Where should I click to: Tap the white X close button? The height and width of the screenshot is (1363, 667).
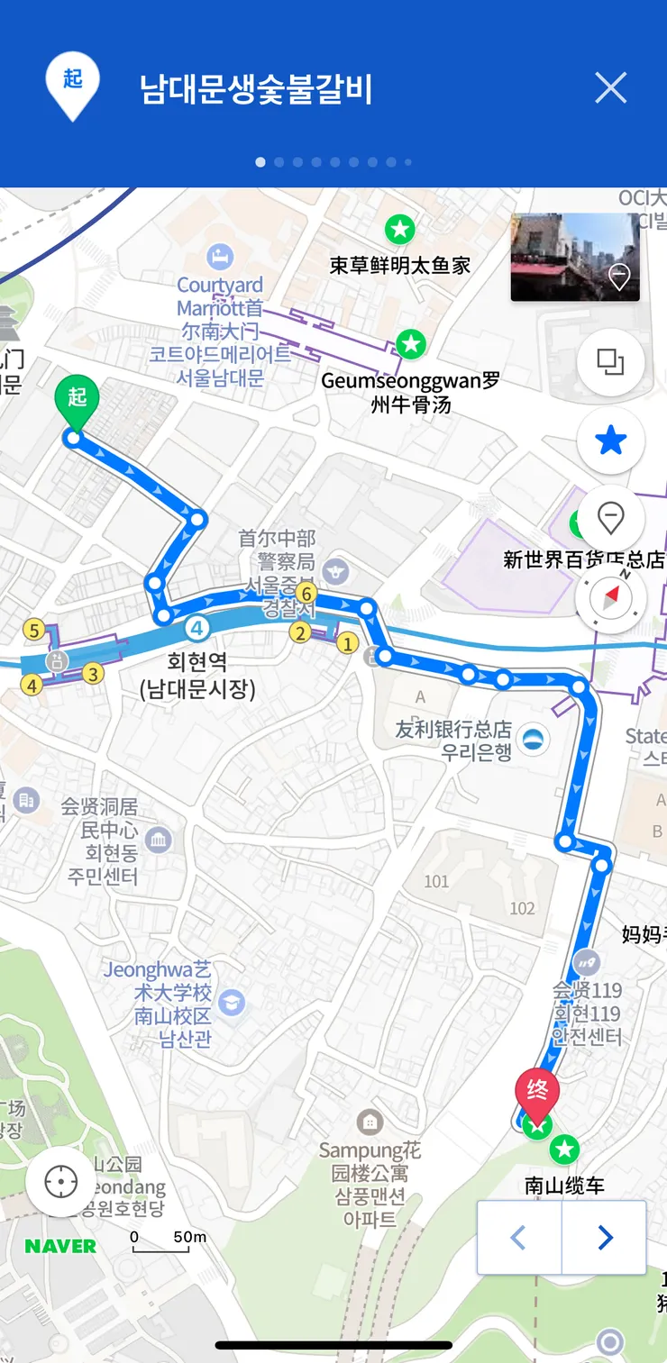tap(610, 88)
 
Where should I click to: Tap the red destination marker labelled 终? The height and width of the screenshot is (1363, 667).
tap(537, 1091)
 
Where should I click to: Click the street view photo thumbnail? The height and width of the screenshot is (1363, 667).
tap(575, 257)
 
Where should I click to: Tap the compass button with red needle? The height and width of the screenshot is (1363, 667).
tap(611, 596)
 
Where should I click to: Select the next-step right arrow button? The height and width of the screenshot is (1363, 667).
tap(605, 1238)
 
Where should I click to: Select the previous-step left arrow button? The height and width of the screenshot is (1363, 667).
tap(519, 1238)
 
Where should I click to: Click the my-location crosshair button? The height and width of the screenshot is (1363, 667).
tap(61, 1182)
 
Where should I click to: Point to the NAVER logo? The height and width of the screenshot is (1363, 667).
tap(60, 1247)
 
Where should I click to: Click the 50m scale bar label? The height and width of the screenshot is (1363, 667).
tap(189, 1237)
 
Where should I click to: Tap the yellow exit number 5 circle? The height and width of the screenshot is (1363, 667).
tap(34, 630)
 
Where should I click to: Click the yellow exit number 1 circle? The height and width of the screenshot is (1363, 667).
tap(346, 643)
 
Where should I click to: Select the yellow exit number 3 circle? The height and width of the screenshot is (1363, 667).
tap(93, 673)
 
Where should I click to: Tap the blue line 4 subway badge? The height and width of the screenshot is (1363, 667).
tap(196, 628)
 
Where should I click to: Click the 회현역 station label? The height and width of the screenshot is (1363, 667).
tap(197, 664)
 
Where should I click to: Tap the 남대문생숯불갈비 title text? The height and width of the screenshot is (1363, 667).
tap(256, 90)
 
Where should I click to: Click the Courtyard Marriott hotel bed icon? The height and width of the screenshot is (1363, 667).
tap(219, 257)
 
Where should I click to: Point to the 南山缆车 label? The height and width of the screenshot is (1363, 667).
tap(564, 1186)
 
